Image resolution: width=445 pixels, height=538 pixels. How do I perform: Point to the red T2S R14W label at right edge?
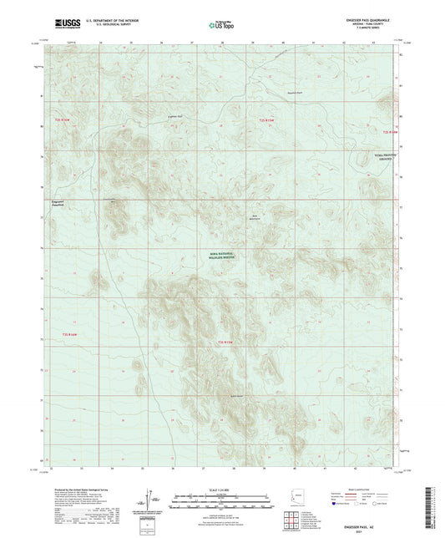392,131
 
